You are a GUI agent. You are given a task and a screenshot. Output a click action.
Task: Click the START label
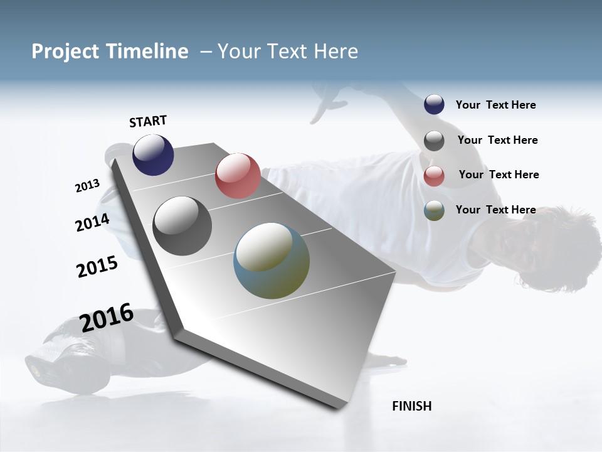click(x=148, y=121)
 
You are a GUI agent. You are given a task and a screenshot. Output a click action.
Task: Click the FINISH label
click(x=412, y=406)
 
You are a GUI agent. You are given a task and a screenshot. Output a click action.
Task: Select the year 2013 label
click(x=88, y=186)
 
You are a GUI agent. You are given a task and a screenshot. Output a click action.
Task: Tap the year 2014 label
click(x=92, y=222)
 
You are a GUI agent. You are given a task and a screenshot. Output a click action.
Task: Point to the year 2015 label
click(x=97, y=267)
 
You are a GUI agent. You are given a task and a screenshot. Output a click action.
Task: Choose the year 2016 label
click(x=107, y=318)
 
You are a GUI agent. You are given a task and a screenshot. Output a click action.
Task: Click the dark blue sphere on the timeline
click(x=153, y=154)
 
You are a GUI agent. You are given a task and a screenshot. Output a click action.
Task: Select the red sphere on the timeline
click(x=238, y=176)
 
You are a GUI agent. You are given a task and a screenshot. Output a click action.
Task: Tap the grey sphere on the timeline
click(x=182, y=226)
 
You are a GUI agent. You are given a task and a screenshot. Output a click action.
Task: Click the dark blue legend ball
click(x=434, y=105)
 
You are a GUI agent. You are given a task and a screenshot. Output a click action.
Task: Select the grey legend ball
click(x=434, y=141)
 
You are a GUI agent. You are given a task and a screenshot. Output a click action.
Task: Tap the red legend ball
click(x=434, y=176)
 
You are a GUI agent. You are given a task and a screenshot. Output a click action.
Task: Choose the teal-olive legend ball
click(x=434, y=210)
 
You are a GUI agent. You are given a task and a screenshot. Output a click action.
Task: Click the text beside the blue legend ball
click(x=496, y=105)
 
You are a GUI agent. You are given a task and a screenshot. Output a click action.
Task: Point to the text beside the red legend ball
click(x=499, y=175)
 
